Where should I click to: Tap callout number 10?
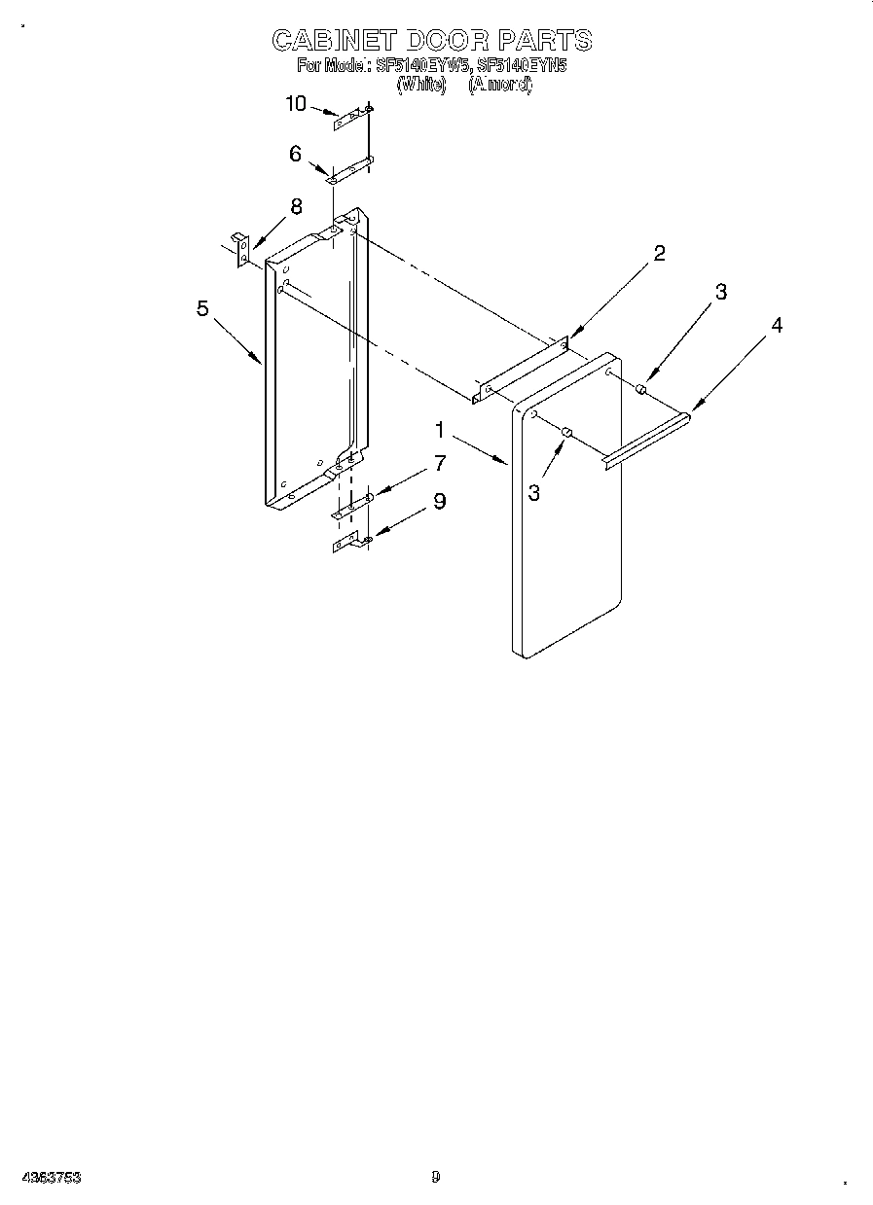point(296,104)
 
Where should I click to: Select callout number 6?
point(295,154)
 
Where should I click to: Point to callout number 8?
point(296,206)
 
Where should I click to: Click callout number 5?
point(202,308)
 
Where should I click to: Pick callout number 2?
point(659,254)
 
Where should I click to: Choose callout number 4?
point(776,326)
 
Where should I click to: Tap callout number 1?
point(440,429)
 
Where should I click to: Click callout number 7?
point(440,464)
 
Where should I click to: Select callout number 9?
point(440,502)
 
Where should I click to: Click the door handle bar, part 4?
point(646,440)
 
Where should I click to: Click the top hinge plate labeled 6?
point(350,169)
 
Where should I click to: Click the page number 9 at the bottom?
point(436,1178)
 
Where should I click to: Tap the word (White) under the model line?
point(420,85)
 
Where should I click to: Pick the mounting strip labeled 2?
point(520,369)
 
